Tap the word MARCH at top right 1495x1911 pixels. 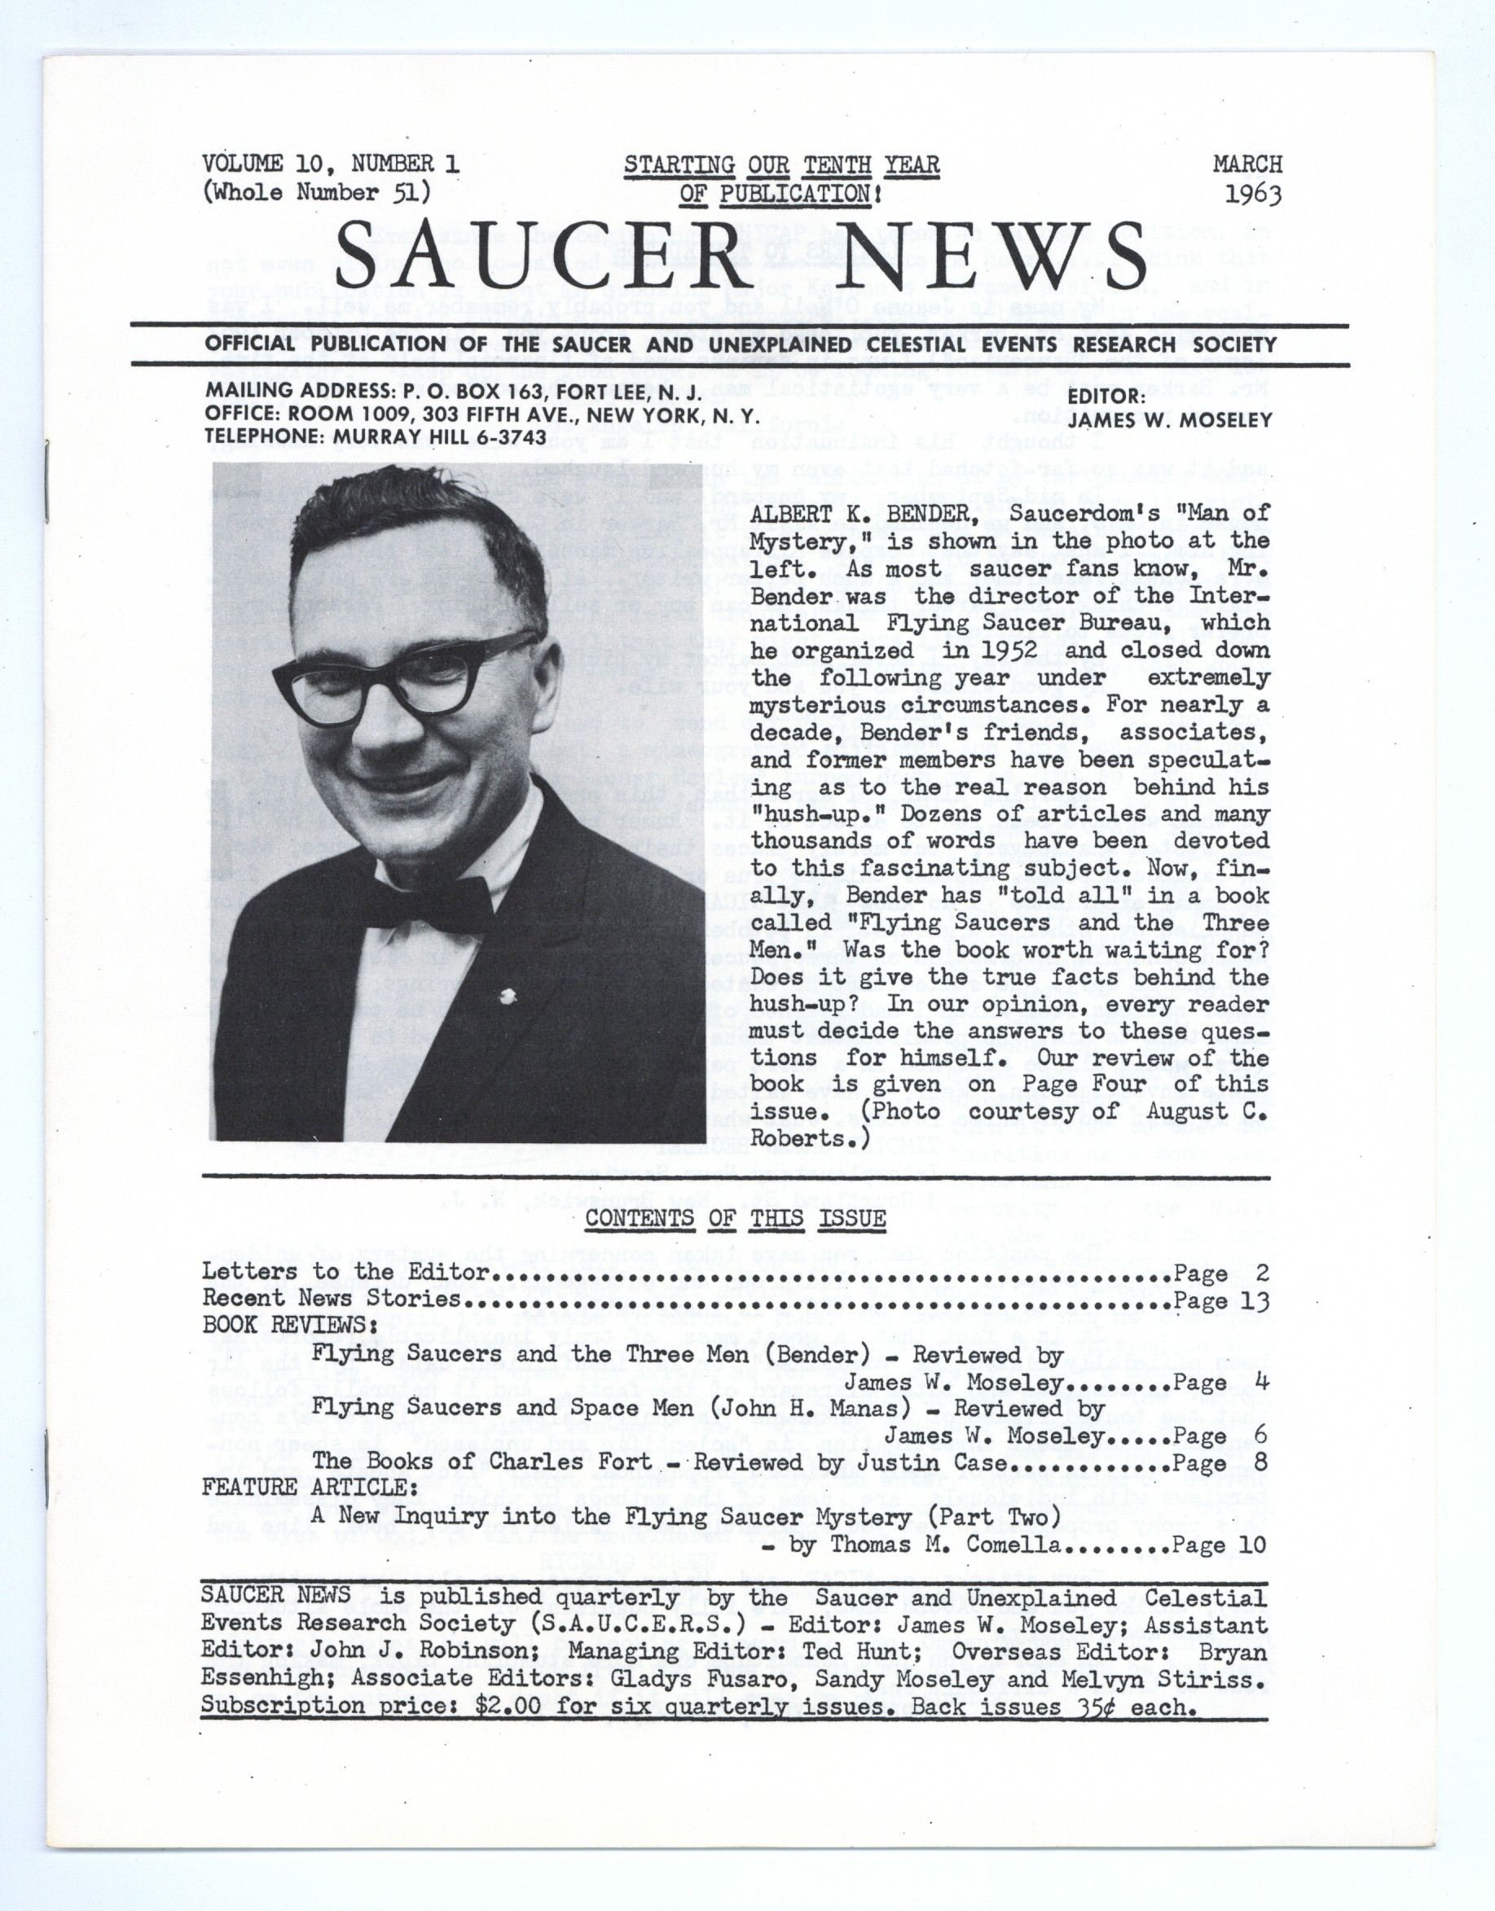click(1247, 164)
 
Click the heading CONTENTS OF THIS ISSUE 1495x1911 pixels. click(735, 1218)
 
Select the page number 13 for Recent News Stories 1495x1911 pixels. click(1253, 1300)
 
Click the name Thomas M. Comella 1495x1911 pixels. click(945, 1545)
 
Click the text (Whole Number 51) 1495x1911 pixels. click(315, 192)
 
